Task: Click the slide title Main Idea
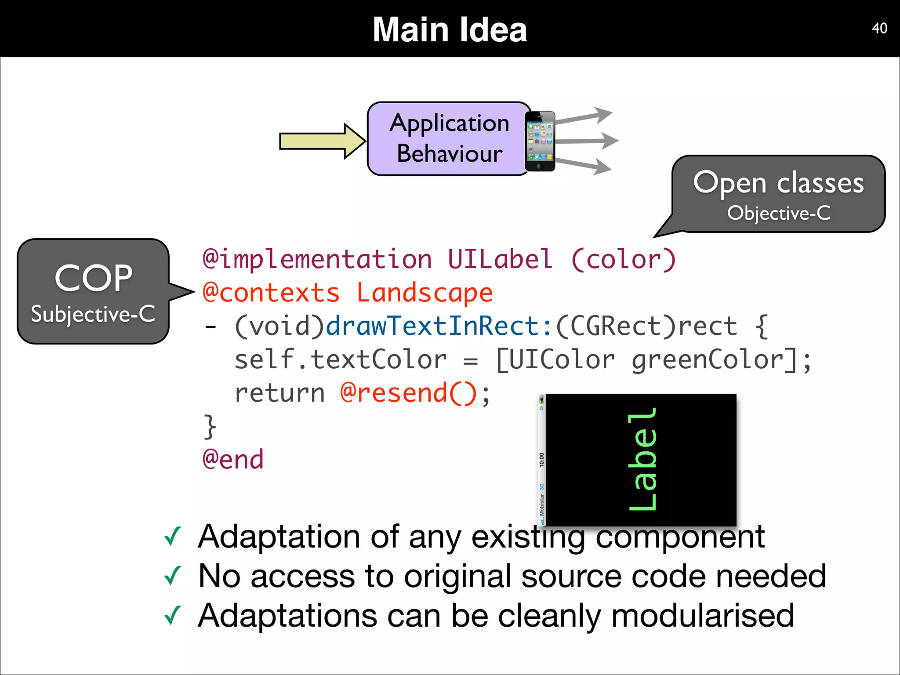pyautogui.click(x=450, y=29)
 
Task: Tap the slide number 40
pyautogui.click(x=879, y=28)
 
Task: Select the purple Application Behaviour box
pyautogui.click(x=448, y=138)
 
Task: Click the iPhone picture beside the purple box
pyautogui.click(x=540, y=141)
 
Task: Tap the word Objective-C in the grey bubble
pyautogui.click(x=779, y=213)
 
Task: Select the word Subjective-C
pyautogui.click(x=93, y=314)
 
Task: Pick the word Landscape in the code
pyautogui.click(x=424, y=293)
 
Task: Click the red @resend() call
pyautogui.click(x=409, y=393)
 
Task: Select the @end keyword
pyautogui.click(x=233, y=460)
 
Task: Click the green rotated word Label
pyautogui.click(x=642, y=459)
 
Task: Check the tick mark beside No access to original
pyautogui.click(x=172, y=576)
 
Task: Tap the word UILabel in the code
pyautogui.click(x=500, y=259)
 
